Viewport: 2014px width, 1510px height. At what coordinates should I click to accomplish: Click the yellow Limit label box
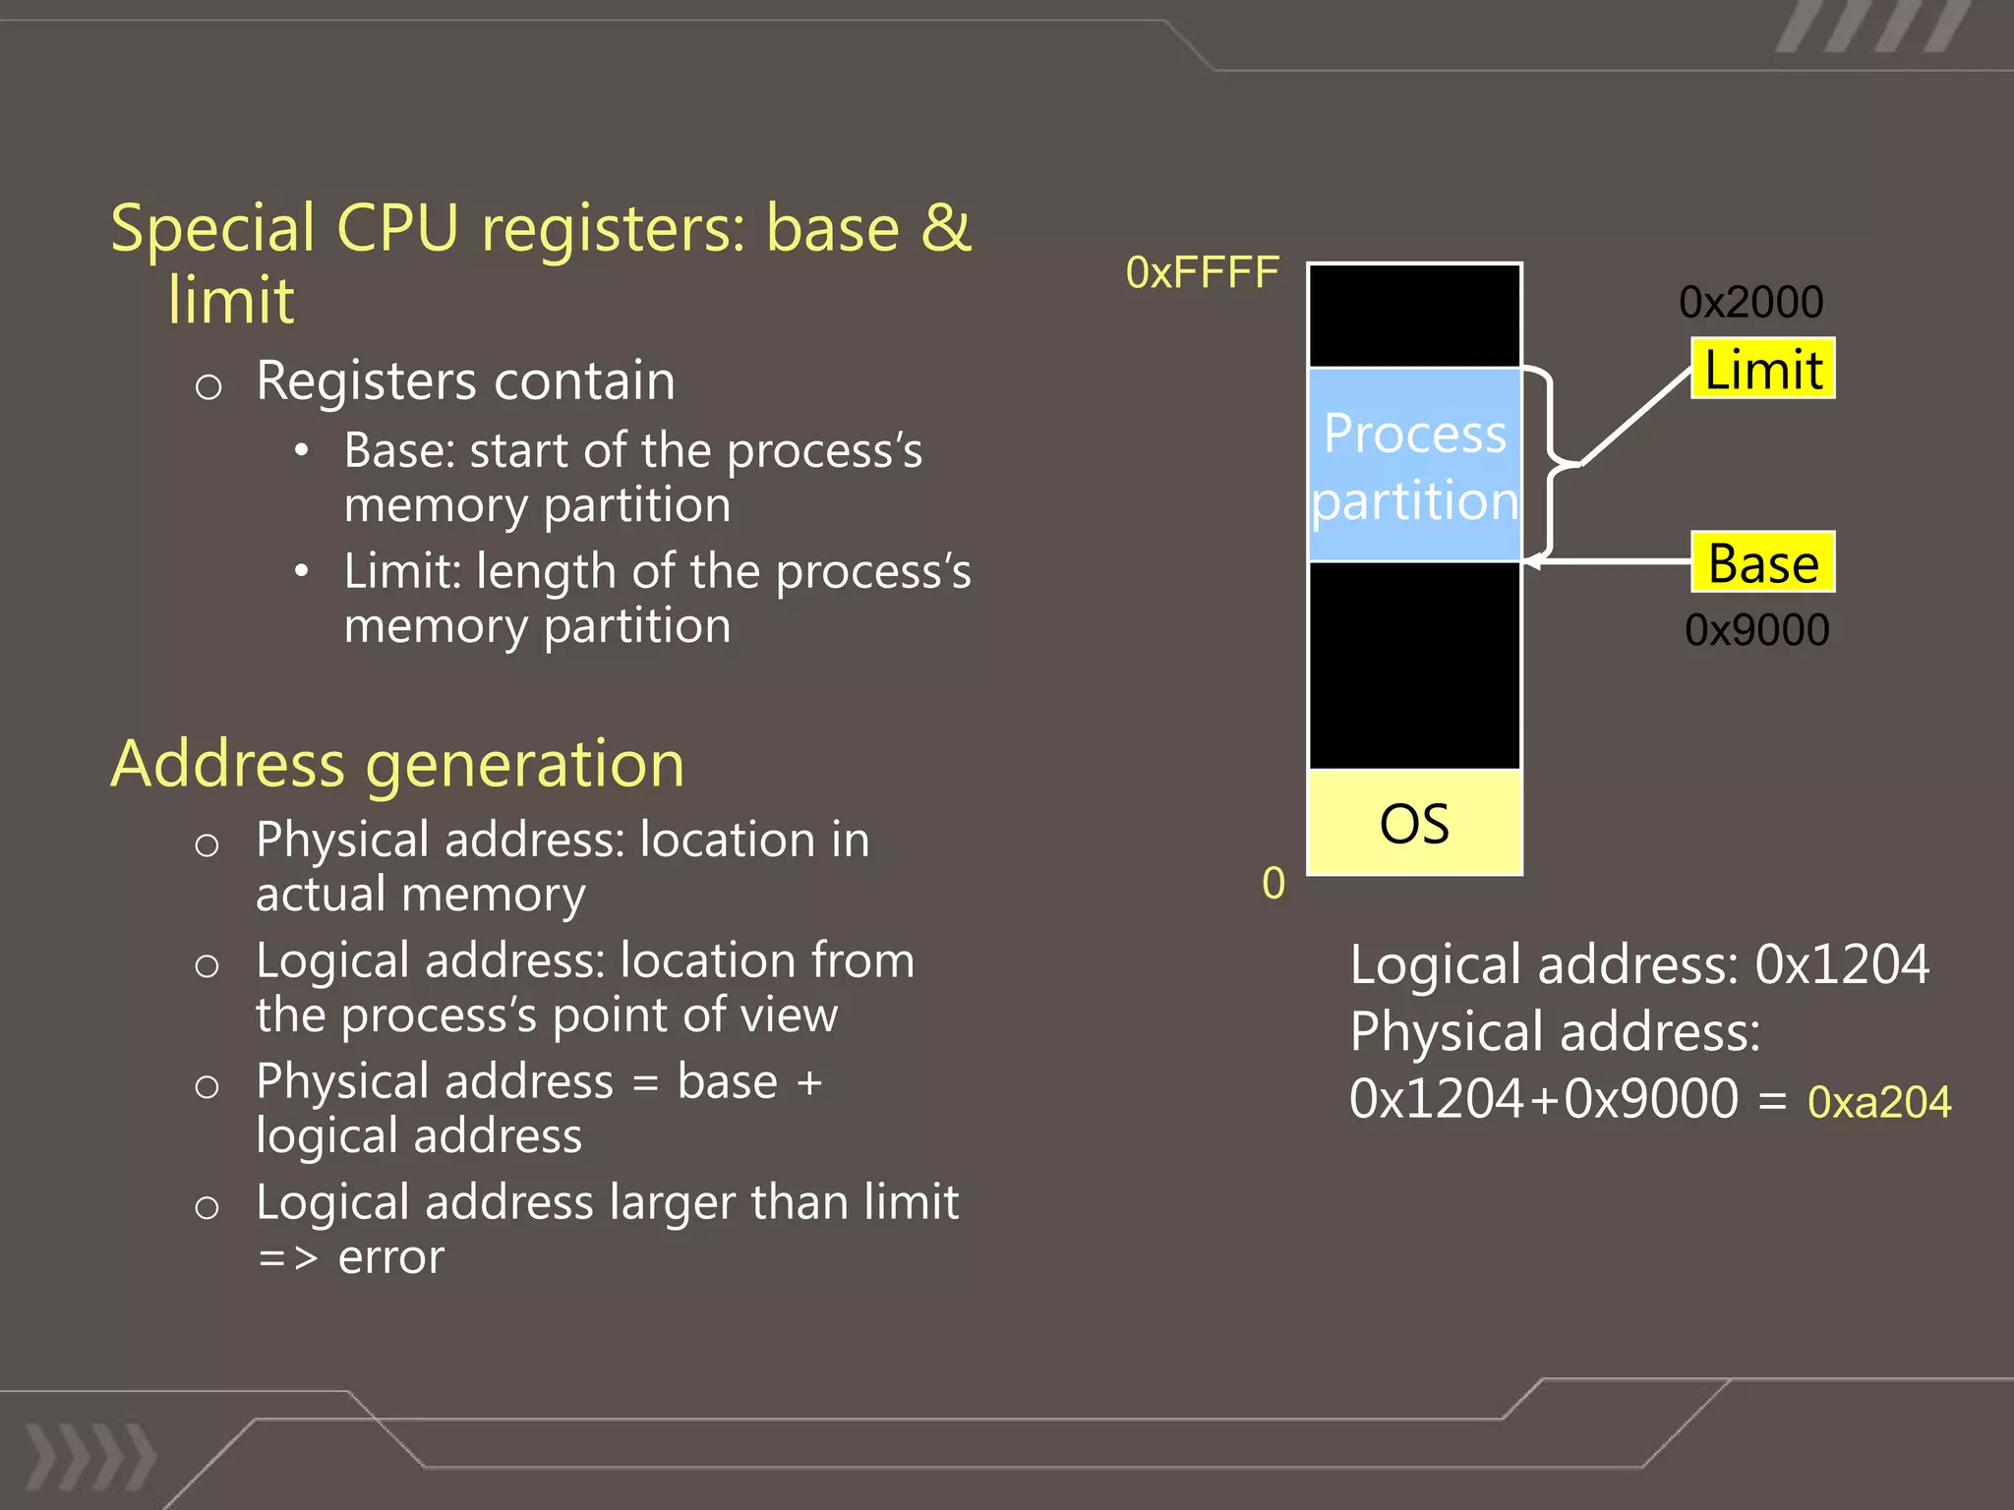tap(1762, 369)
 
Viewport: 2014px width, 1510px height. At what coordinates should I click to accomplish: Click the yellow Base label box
tap(1762, 562)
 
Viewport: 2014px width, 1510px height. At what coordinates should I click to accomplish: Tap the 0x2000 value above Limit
tap(1750, 302)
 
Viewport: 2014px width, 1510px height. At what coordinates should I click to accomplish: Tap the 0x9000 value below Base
tap(1756, 630)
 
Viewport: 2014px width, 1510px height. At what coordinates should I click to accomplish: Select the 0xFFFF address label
tap(1202, 272)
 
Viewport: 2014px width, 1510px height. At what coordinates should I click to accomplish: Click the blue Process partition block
tap(1414, 465)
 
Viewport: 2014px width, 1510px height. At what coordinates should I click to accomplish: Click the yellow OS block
tap(1414, 823)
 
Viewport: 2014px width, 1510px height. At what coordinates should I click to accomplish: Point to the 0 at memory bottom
tap(1274, 883)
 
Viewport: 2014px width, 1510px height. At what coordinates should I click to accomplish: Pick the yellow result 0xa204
tap(1878, 1102)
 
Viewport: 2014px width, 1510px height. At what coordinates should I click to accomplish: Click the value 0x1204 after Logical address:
tap(1842, 964)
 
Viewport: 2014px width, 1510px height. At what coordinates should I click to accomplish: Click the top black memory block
tap(1414, 316)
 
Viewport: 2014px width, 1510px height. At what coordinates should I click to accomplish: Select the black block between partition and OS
tap(1414, 666)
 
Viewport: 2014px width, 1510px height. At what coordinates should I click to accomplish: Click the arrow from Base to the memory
tap(1613, 562)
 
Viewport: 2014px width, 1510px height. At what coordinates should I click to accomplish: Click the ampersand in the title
tap(945, 228)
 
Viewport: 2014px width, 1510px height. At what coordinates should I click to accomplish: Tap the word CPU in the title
tap(397, 228)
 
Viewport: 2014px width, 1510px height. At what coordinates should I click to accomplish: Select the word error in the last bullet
tap(390, 1257)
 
